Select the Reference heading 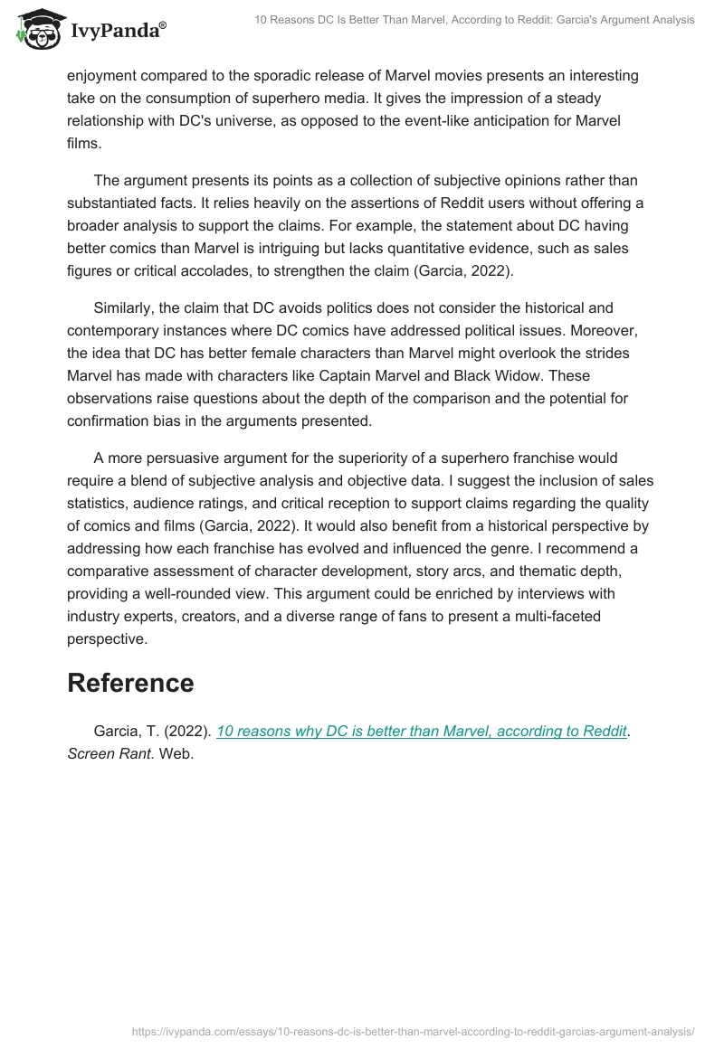pyautogui.click(x=130, y=683)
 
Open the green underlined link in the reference pyautogui.click(x=422, y=731)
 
